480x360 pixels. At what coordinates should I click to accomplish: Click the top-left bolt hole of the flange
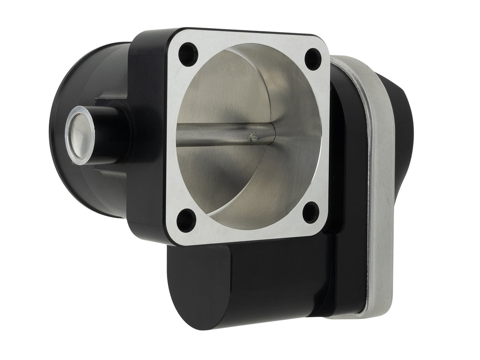point(188,55)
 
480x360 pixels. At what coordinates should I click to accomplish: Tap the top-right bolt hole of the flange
point(313,59)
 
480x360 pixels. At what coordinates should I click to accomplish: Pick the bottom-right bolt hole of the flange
point(311,212)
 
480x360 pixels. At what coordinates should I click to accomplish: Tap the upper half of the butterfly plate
point(221,91)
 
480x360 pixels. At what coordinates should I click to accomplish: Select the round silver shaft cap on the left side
point(81,136)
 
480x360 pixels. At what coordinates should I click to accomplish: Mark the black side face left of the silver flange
point(148,138)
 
